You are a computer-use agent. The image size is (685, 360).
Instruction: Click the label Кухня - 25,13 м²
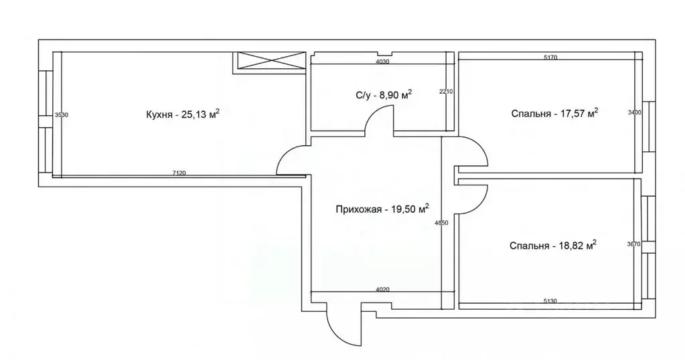(182, 114)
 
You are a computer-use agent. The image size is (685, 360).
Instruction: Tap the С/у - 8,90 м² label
(383, 95)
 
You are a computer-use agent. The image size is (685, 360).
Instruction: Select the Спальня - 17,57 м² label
(553, 113)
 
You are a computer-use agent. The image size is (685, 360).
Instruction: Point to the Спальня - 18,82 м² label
(552, 246)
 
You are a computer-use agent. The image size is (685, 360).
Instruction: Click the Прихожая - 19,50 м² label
(382, 209)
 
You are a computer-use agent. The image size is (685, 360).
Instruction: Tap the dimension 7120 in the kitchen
(179, 173)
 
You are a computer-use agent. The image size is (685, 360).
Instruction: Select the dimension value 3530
(61, 115)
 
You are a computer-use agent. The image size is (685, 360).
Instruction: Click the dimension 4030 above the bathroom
(382, 62)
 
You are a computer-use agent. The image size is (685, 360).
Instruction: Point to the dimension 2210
(447, 92)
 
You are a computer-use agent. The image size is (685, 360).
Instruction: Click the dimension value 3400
(635, 112)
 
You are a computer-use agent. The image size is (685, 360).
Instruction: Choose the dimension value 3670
(634, 244)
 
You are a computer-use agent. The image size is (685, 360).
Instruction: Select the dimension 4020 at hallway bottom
(382, 290)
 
